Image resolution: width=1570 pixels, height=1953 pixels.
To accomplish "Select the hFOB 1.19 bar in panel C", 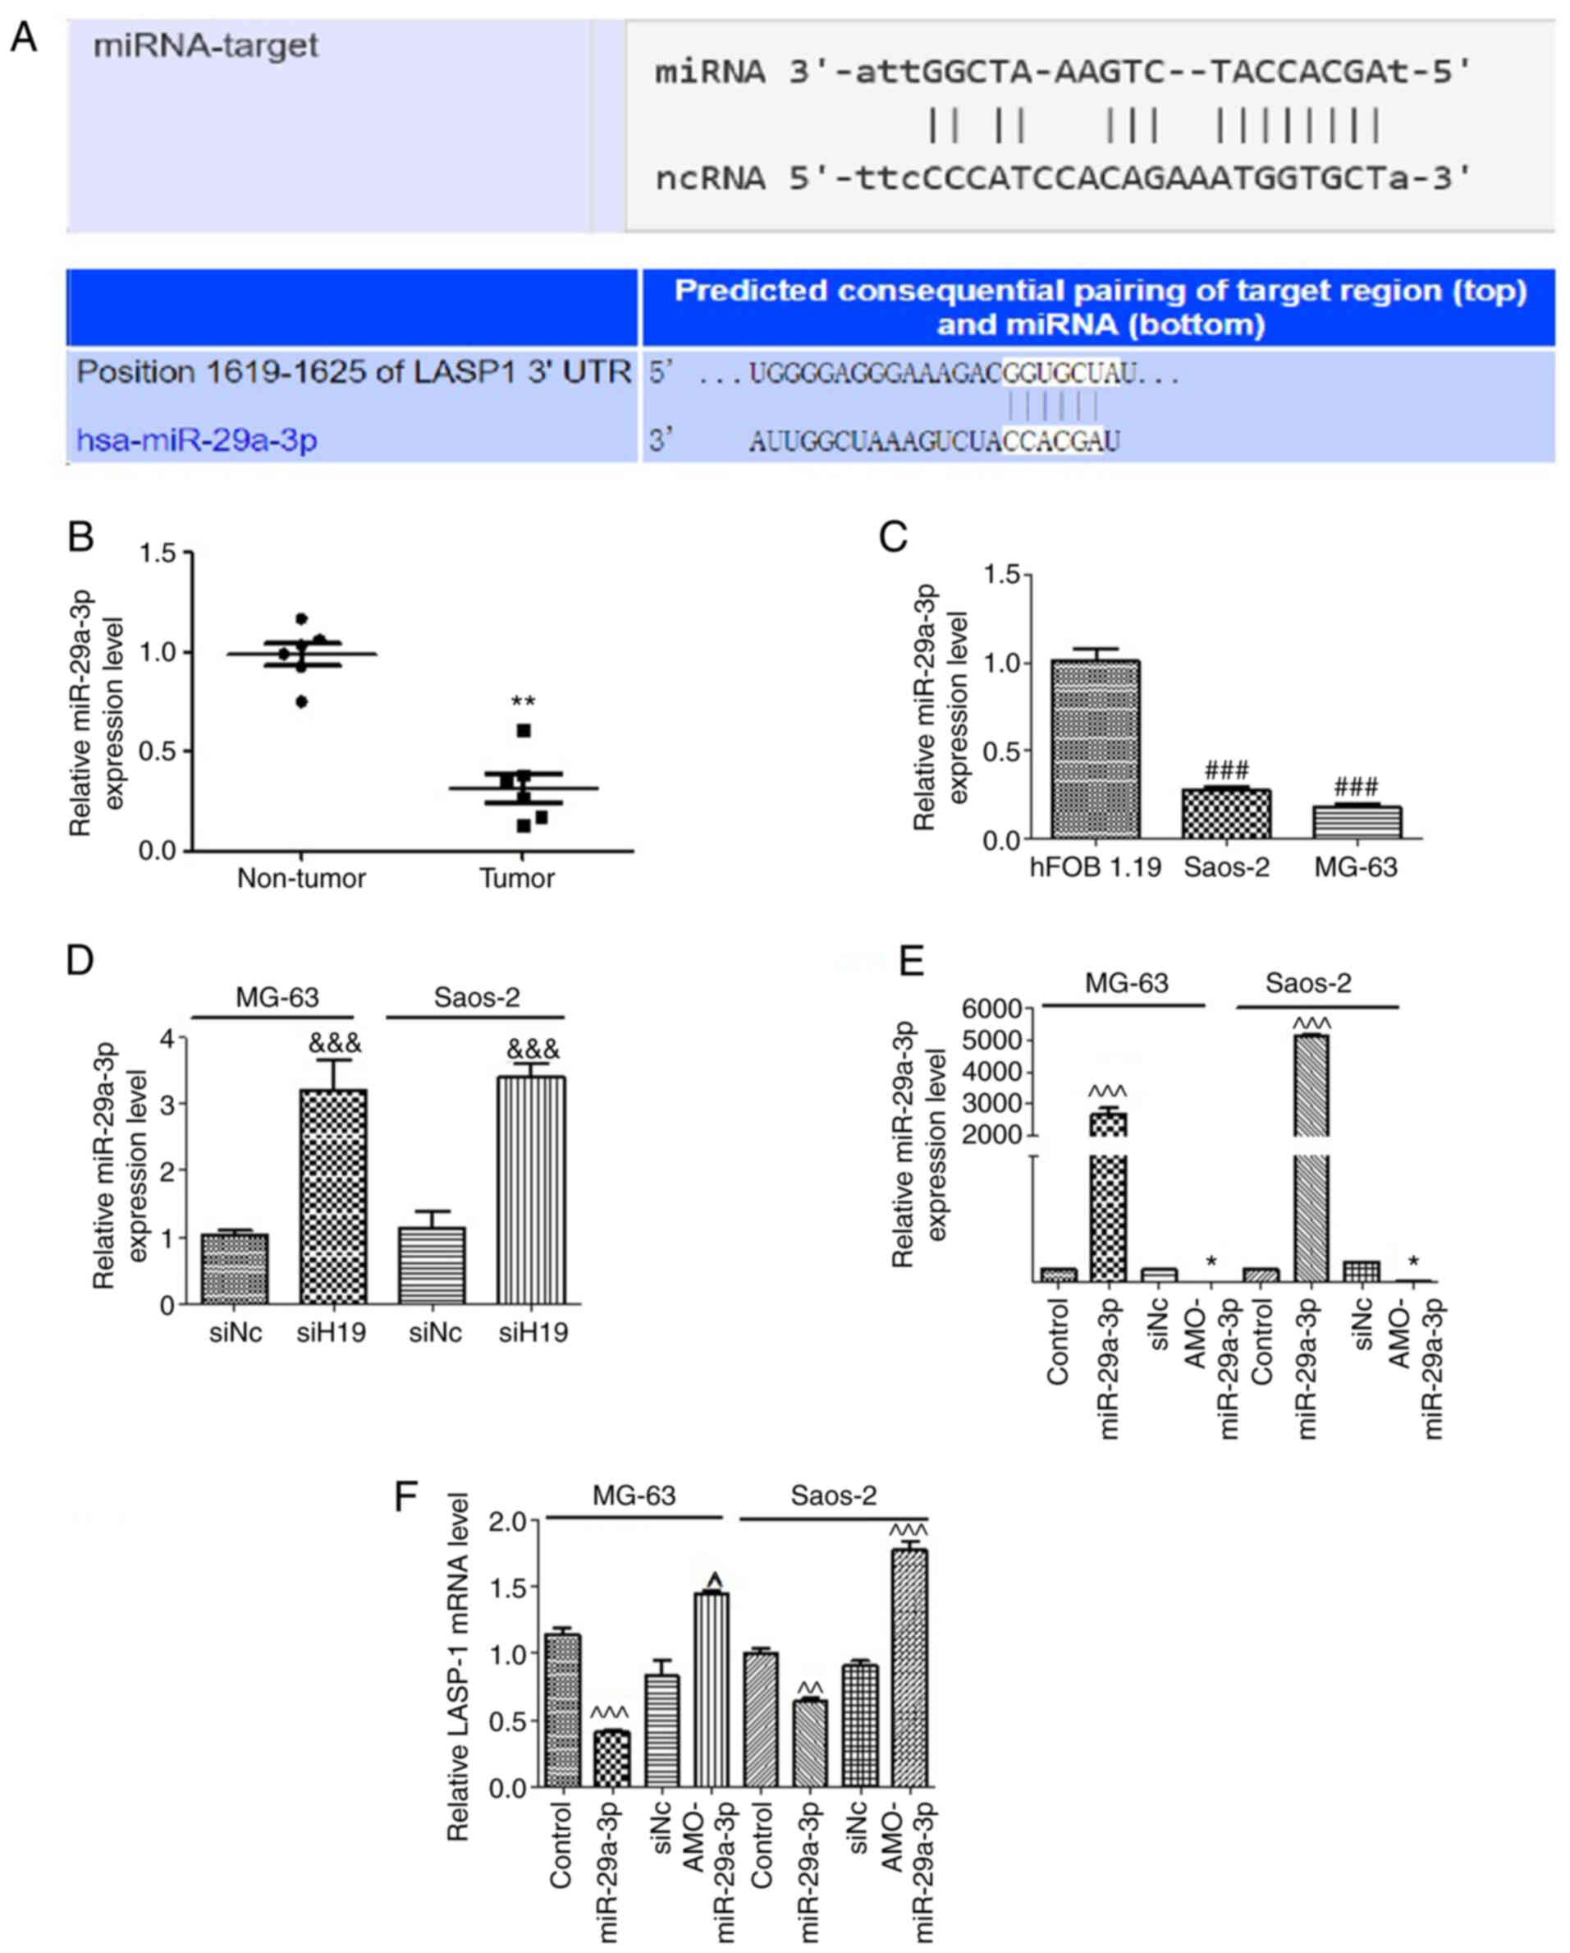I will pos(1096,750).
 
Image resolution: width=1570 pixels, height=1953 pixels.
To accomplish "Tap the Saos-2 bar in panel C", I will pos(1226,813).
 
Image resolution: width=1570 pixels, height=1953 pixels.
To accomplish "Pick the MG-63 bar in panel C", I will pos(1357,821).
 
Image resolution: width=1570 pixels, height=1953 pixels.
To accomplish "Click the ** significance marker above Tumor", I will pos(524,702).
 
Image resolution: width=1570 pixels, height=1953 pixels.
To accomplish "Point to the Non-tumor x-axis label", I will pos(301,878).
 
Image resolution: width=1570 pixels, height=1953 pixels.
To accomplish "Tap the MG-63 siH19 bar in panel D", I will pos(332,1196).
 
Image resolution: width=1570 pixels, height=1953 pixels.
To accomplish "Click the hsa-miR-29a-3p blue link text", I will pos(196,440).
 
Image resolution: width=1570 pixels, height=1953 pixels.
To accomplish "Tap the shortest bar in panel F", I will pos(611,1758).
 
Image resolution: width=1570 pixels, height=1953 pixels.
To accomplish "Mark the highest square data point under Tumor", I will pos(524,731).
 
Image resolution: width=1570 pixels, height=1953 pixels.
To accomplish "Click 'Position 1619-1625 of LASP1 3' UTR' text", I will pos(353,372).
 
